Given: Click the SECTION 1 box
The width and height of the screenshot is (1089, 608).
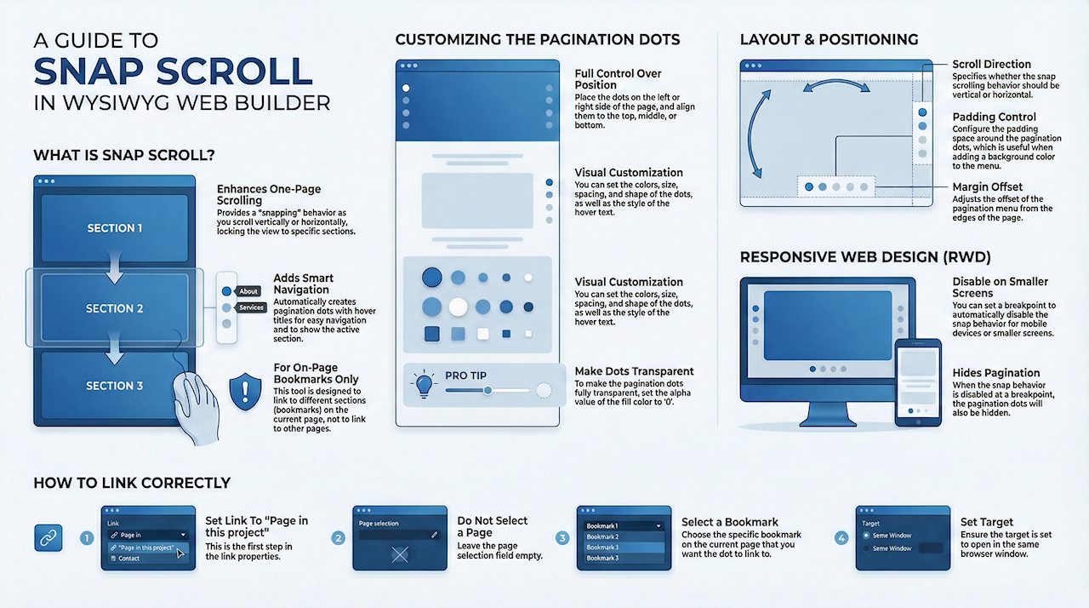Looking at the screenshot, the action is tap(115, 228).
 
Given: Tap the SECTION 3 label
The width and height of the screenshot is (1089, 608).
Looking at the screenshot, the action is tap(115, 386).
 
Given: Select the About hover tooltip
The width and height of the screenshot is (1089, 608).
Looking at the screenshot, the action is tap(248, 291).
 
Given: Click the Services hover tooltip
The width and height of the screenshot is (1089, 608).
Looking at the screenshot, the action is tap(250, 307).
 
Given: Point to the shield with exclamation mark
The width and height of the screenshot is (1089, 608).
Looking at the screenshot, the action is tap(245, 392).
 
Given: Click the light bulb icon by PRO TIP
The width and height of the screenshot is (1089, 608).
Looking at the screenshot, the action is tap(424, 385).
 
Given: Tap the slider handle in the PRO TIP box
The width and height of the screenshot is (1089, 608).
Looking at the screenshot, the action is tap(487, 390).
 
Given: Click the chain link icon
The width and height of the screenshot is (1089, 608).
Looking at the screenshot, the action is tap(48, 538).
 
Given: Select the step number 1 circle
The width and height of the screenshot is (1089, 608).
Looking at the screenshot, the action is tap(87, 538).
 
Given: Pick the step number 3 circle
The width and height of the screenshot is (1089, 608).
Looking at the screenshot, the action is tap(562, 538).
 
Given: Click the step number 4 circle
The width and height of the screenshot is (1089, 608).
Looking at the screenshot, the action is tap(841, 538).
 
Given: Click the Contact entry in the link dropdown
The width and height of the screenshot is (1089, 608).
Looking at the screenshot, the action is tap(128, 559).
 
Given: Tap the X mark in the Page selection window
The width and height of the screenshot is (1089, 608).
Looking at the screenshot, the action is tap(400, 554).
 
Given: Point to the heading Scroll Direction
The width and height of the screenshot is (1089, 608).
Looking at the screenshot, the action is tap(991, 64).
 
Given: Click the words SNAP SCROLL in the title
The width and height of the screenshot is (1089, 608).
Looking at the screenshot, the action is tap(173, 72).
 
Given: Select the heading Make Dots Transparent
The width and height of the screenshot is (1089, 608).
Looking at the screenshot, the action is tap(634, 371).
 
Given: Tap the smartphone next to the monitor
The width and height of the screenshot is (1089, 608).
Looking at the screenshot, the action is tap(918, 383).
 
